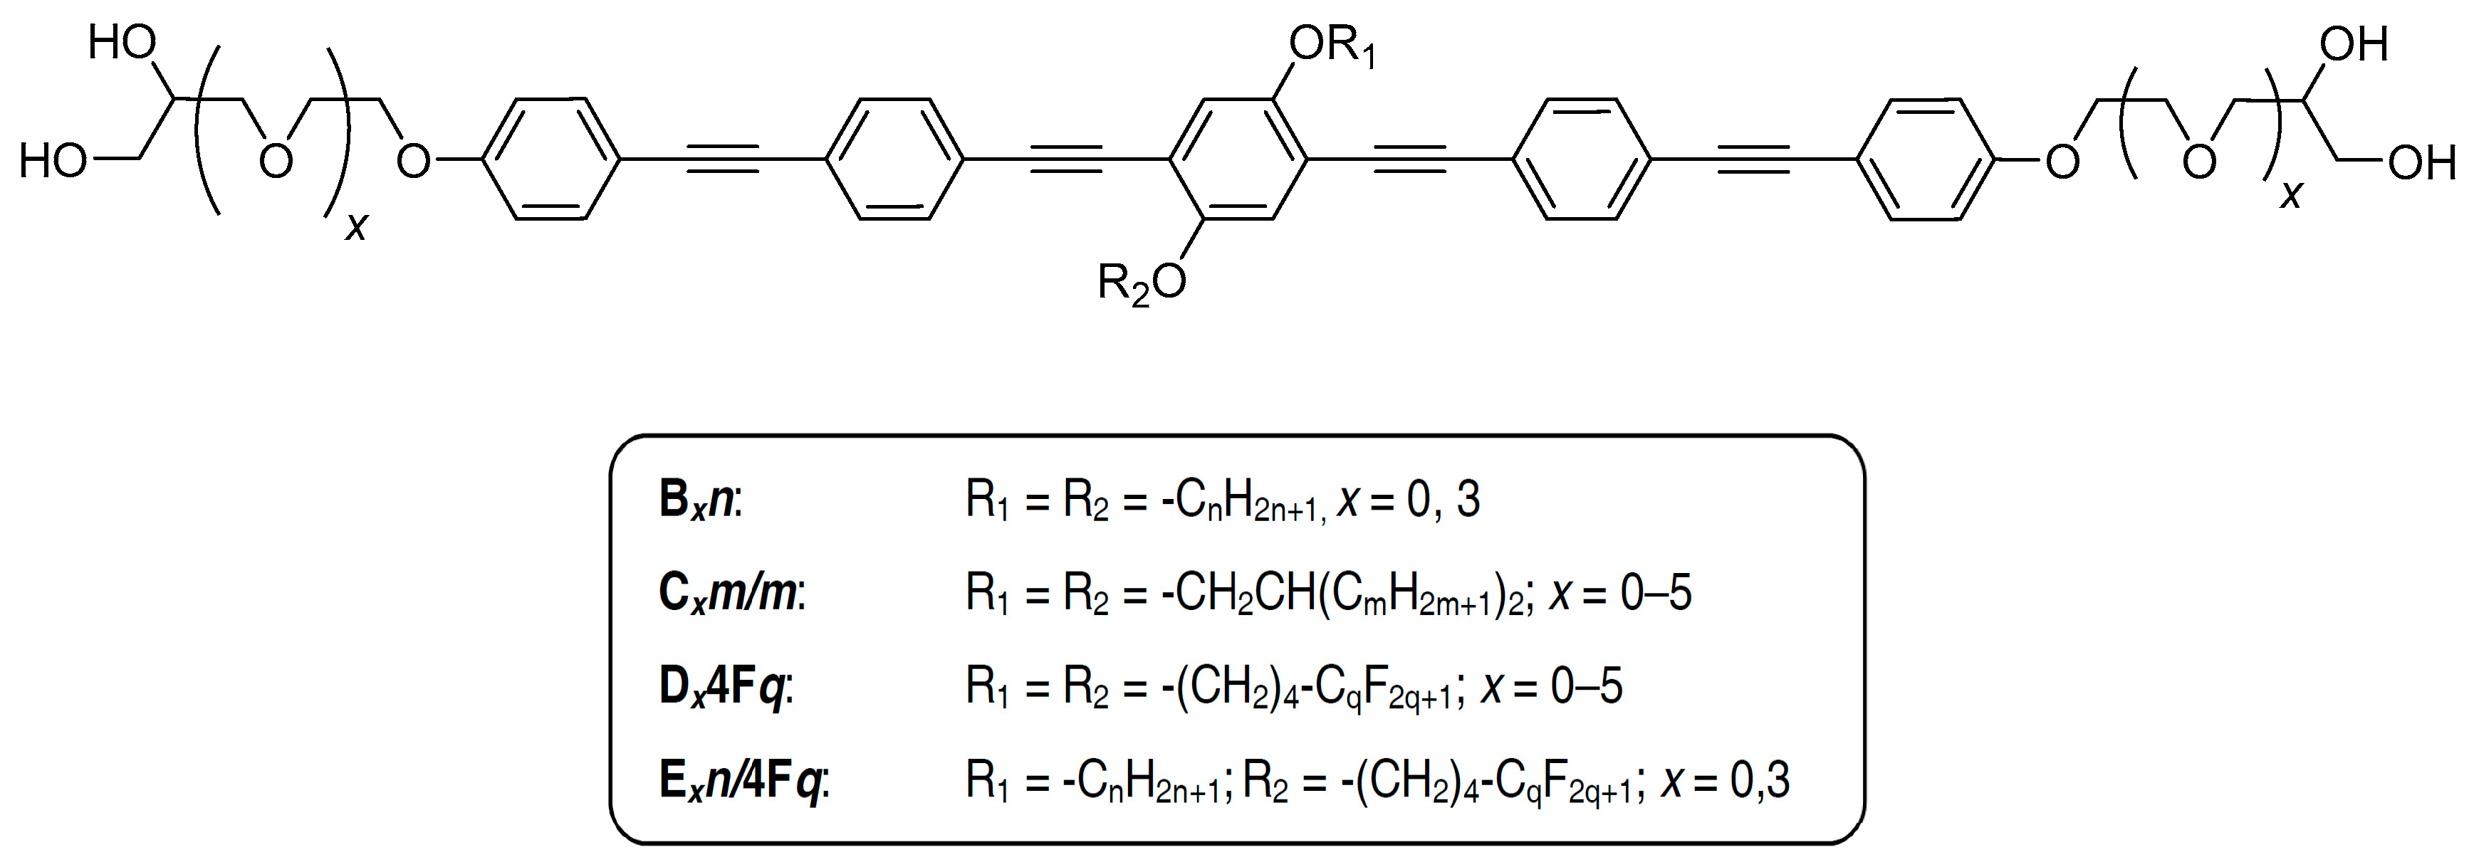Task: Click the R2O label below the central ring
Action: point(1141,283)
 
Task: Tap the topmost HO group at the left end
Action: point(122,43)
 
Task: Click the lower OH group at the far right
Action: point(2421,163)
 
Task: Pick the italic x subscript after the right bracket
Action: point(2292,196)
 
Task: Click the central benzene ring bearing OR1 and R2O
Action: point(1238,159)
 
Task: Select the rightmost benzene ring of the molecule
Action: point(1926,159)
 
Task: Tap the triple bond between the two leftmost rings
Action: point(722,159)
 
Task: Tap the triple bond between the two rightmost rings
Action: point(1754,159)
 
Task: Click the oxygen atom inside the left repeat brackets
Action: point(276,162)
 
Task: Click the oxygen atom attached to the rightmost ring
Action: point(2061,162)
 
